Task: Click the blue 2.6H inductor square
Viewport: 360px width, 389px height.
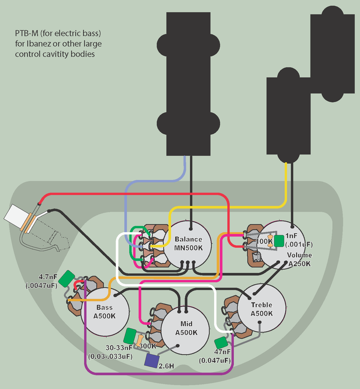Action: click(x=152, y=360)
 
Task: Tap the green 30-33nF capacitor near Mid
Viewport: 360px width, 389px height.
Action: click(x=130, y=336)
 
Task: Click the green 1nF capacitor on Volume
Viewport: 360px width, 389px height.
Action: click(x=279, y=240)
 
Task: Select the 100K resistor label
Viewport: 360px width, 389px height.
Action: click(x=265, y=241)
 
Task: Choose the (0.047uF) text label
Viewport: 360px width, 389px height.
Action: click(x=215, y=360)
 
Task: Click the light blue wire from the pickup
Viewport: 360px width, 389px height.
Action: click(x=184, y=168)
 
